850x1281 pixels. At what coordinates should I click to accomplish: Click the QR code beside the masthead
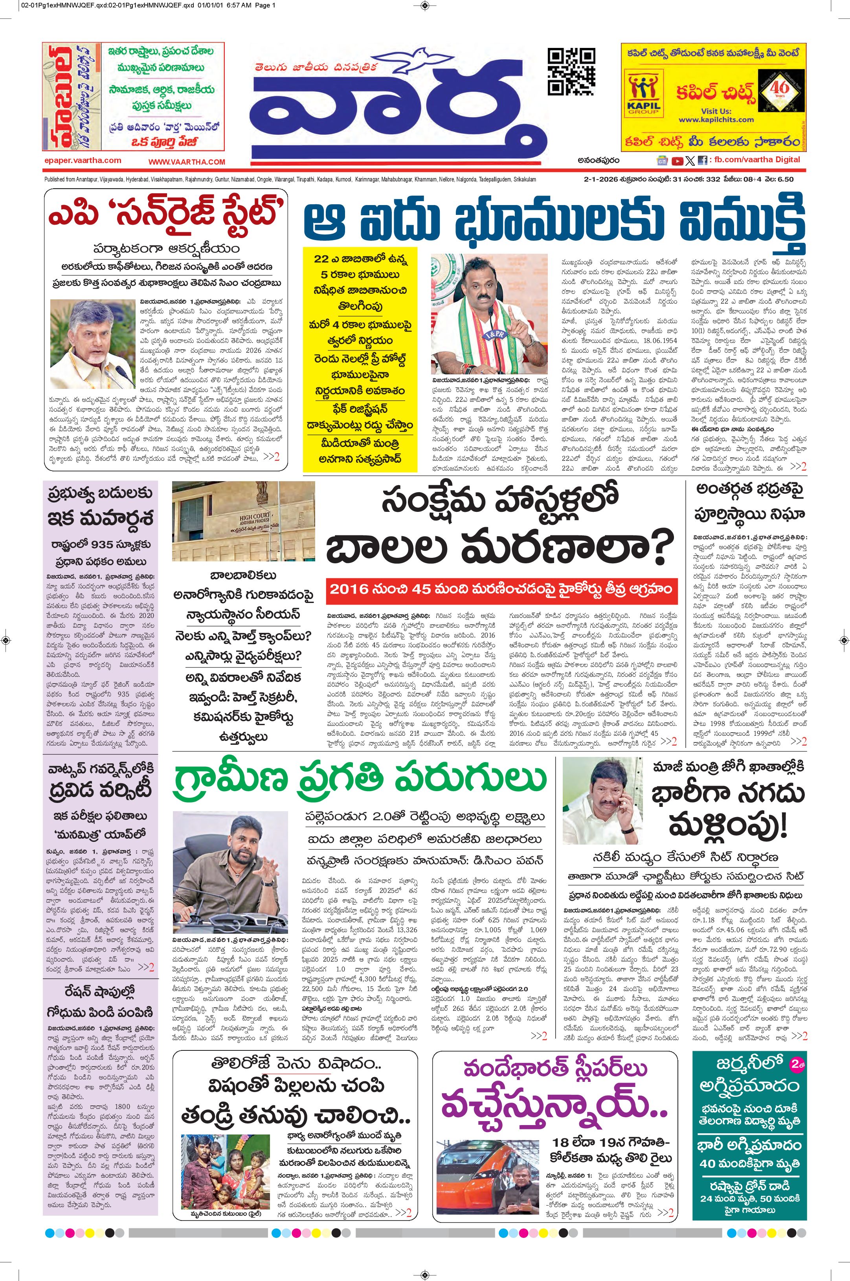[x=571, y=71]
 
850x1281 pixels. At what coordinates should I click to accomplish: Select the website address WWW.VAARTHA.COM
[x=187, y=161]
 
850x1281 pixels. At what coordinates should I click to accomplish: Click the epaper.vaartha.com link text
[x=83, y=160]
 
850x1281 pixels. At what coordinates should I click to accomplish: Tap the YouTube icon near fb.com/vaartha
[x=677, y=160]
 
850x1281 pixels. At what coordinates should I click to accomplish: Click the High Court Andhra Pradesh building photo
[x=243, y=521]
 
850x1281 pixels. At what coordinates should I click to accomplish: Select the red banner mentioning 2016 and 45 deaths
[x=501, y=589]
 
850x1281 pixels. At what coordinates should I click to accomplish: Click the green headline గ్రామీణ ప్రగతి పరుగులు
[x=360, y=778]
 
